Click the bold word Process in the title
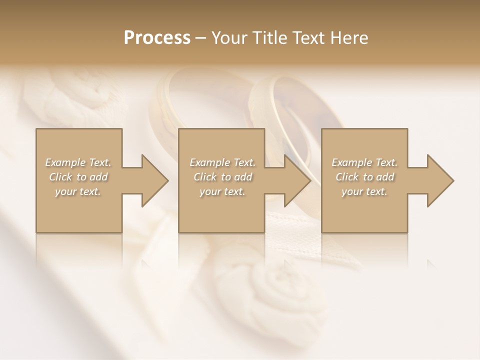[x=157, y=38]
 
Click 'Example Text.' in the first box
[x=78, y=162]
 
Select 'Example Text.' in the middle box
[x=222, y=162]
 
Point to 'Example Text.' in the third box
[x=364, y=162]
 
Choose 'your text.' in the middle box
[x=222, y=191]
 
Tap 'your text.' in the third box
[x=364, y=191]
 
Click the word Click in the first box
[x=60, y=177]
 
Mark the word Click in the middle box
[x=205, y=177]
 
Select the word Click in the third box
[x=347, y=177]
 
